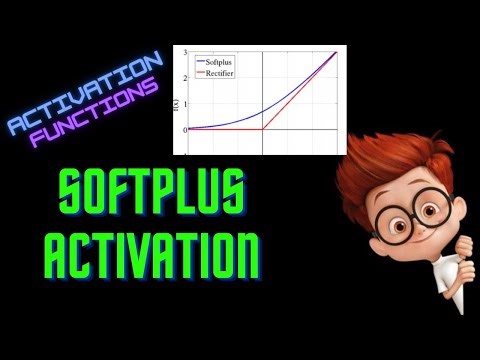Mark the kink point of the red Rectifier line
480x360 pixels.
coord(263,128)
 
